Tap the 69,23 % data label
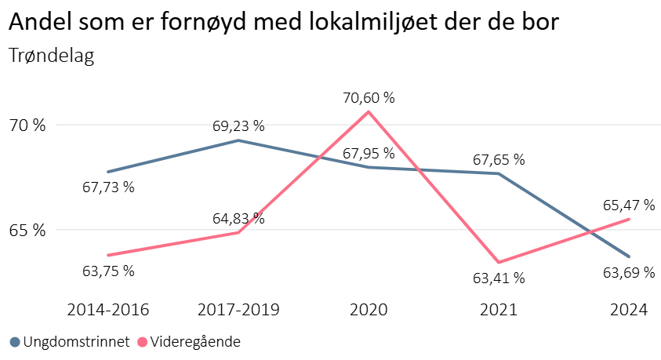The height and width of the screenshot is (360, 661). click(238, 125)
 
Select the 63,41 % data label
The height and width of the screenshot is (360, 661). click(499, 278)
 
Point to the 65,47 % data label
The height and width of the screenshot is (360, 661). click(629, 205)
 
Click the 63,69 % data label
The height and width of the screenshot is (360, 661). click(629, 272)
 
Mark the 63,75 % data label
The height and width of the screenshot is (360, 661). click(108, 271)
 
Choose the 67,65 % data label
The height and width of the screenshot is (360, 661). click(499, 160)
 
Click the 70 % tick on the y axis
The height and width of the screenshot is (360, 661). click(28, 125)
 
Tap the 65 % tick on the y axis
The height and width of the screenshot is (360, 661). click(28, 231)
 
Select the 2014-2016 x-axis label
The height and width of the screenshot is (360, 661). click(108, 310)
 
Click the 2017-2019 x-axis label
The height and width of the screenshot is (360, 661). click(238, 310)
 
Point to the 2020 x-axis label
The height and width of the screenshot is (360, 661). click(369, 310)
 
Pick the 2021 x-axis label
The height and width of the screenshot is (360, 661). click(499, 310)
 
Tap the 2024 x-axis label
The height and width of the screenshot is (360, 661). click(629, 310)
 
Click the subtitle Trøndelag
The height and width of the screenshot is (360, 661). click(51, 56)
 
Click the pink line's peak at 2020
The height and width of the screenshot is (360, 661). click(369, 111)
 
